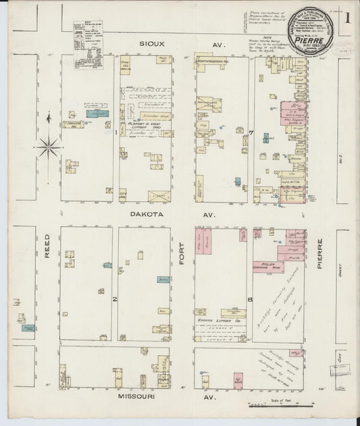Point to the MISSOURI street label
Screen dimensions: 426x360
[x=138, y=398]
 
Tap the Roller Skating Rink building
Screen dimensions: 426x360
[x=269, y=267]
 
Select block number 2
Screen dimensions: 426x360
[x=115, y=297]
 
